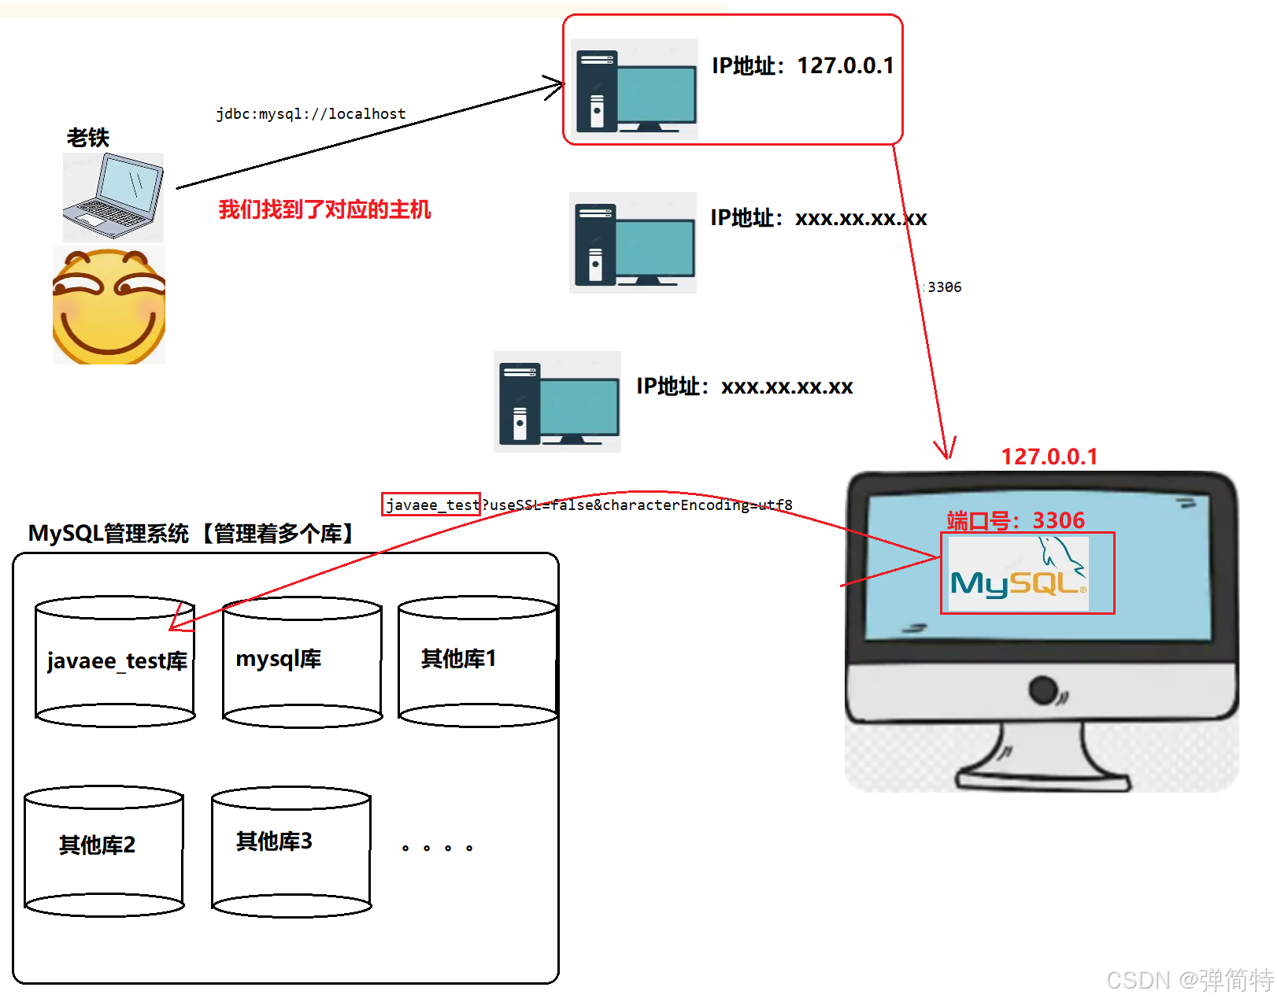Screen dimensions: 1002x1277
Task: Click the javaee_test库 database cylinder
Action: [x=116, y=661]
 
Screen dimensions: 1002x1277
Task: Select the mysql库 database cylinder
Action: [x=302, y=661]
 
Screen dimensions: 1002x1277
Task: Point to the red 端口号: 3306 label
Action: [x=1016, y=520]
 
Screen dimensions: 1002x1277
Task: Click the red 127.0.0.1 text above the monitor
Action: [x=1049, y=457]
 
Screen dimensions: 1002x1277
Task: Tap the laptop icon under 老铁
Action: [x=113, y=197]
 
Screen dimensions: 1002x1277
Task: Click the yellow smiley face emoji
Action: [x=109, y=305]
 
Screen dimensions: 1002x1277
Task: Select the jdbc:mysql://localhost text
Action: [x=311, y=114]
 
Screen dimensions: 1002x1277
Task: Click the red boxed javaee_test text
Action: [x=431, y=505]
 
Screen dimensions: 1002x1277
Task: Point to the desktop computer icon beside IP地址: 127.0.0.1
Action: [x=635, y=90]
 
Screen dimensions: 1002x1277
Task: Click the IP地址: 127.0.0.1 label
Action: [x=803, y=65]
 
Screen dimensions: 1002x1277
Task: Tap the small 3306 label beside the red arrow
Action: [x=944, y=287]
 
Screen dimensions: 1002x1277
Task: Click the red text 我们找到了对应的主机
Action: [x=324, y=209]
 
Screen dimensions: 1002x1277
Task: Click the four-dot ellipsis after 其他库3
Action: [x=437, y=848]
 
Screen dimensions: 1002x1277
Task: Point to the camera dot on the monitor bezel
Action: [x=1043, y=690]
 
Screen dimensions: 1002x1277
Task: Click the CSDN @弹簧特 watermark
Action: [x=1189, y=980]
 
